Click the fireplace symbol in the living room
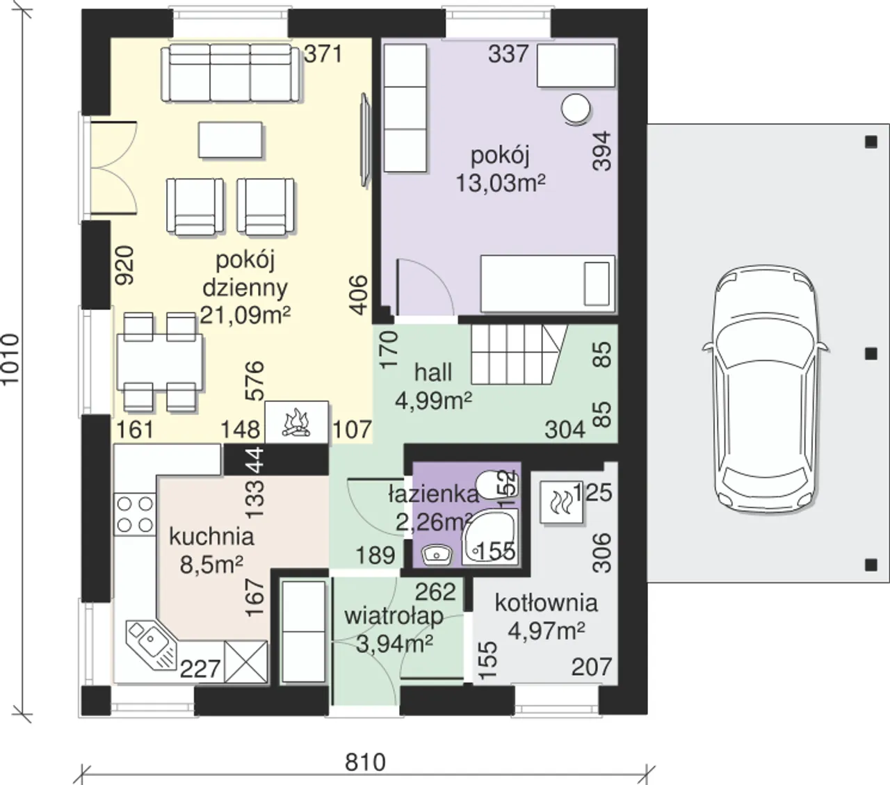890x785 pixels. [296, 422]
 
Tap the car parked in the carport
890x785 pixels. [766, 389]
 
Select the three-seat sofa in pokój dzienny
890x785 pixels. [232, 73]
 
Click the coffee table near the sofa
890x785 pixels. [230, 140]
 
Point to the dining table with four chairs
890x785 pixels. [160, 362]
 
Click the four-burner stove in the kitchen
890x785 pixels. [135, 515]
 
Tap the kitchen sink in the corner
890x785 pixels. [151, 644]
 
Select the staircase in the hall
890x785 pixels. [519, 355]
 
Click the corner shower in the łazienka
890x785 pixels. [489, 537]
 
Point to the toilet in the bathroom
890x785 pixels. [496, 484]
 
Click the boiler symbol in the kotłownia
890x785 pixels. [561, 502]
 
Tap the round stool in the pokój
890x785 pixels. [575, 110]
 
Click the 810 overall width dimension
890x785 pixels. [365, 762]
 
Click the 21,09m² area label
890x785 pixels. [245, 314]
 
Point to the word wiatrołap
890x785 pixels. [394, 616]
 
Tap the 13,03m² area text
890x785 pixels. [501, 183]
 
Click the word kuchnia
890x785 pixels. [211, 537]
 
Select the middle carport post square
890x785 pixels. [871, 354]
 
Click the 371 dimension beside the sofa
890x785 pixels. [323, 54]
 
